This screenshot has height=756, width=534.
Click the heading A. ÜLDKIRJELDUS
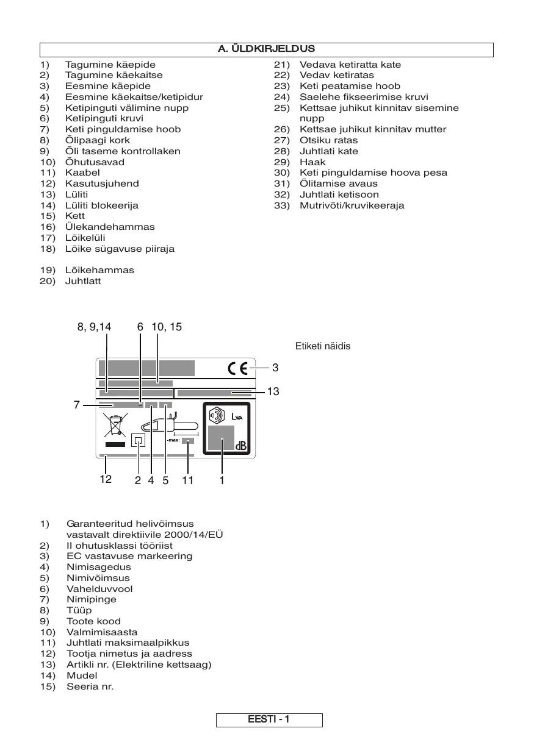(x=266, y=49)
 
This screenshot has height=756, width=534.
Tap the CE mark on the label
(x=237, y=368)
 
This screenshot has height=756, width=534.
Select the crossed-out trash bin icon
(x=115, y=425)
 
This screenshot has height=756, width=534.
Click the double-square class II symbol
(x=139, y=440)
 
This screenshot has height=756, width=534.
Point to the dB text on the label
(x=241, y=446)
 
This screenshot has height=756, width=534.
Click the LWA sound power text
(x=238, y=416)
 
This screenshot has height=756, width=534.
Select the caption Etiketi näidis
(x=322, y=346)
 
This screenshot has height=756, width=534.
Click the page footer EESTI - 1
(x=269, y=720)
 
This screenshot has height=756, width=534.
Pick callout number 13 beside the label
(x=273, y=391)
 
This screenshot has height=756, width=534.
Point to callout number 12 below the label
(x=106, y=480)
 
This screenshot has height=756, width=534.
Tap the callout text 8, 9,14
(x=94, y=327)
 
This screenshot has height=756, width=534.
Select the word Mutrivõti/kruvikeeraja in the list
(x=352, y=205)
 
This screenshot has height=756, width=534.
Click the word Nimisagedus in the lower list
(x=98, y=567)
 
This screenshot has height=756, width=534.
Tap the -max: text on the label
(x=173, y=440)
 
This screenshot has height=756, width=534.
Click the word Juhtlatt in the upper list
(x=83, y=281)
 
